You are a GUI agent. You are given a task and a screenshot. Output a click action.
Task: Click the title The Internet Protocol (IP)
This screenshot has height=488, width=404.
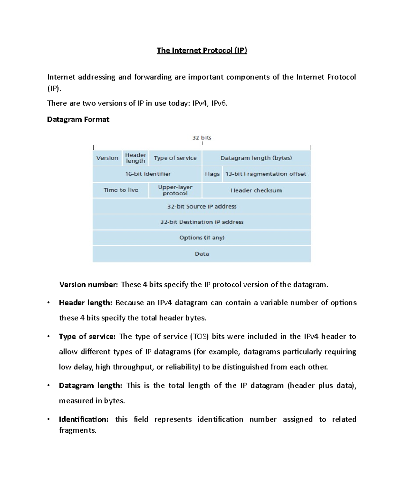click(202, 51)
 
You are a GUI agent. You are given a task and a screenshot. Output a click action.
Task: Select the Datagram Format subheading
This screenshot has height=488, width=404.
click(78, 119)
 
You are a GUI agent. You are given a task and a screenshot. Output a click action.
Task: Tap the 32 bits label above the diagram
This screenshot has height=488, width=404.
click(202, 138)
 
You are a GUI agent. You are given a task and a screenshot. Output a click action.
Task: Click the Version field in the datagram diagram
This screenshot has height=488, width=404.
click(107, 158)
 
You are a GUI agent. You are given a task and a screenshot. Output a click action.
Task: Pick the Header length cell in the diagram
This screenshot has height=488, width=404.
click(135, 158)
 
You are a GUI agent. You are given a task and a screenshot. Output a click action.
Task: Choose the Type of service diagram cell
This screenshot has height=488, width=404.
click(175, 158)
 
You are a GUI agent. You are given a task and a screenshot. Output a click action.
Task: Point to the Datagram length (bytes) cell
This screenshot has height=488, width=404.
click(256, 158)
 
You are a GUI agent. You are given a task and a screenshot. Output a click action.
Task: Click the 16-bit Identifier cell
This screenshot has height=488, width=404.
click(148, 174)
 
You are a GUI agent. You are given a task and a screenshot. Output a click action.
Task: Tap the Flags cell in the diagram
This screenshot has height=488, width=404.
click(212, 174)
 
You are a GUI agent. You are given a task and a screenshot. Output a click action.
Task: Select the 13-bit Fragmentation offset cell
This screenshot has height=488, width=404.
click(266, 174)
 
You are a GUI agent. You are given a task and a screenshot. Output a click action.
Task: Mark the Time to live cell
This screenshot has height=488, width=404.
click(121, 190)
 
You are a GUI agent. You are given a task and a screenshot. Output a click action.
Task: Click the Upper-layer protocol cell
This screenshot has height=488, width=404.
click(175, 190)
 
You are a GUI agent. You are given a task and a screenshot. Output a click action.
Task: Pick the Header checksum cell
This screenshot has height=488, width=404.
click(256, 191)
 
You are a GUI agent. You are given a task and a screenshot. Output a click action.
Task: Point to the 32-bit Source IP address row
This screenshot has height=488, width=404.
click(202, 206)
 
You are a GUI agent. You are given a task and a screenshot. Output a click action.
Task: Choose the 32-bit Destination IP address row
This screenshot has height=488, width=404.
click(202, 222)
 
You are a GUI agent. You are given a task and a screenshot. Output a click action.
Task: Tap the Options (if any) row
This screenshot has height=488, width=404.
click(202, 238)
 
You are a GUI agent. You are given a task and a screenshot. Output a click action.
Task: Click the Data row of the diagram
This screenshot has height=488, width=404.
click(202, 254)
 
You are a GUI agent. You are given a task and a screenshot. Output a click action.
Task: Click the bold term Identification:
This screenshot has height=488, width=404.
click(83, 419)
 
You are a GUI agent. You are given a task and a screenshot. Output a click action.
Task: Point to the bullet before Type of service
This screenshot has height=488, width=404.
click(48, 336)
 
